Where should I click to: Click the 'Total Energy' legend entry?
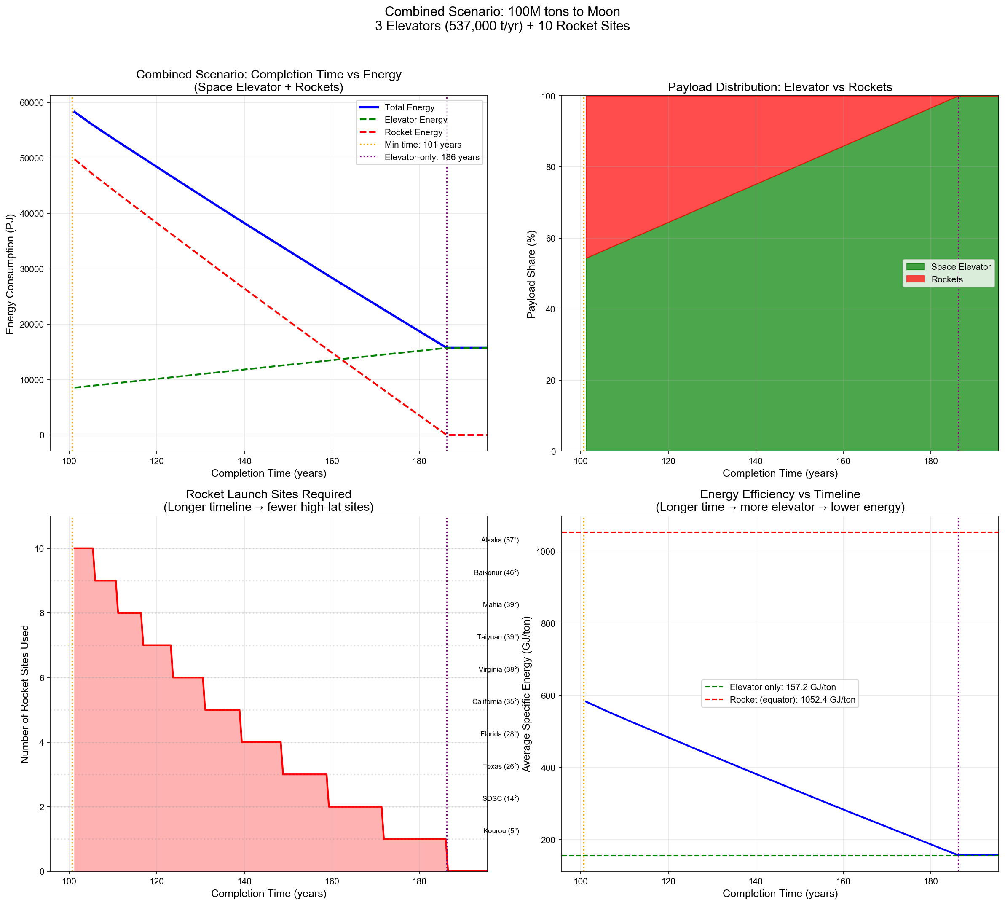[x=409, y=107]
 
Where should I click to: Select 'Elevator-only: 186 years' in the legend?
[x=431, y=158]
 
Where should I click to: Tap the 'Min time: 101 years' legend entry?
[x=423, y=145]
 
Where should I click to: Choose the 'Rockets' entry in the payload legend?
[x=947, y=279]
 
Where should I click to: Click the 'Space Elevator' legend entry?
[x=960, y=267]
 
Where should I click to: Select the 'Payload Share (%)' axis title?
[x=531, y=274]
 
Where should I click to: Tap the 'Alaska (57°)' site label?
[x=499, y=540]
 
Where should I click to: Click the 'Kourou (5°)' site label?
[x=501, y=831]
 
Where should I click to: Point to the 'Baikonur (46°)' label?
[x=496, y=573]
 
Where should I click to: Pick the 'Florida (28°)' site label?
[x=499, y=734]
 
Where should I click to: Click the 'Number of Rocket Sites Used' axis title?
[x=25, y=694]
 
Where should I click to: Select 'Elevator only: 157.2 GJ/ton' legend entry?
[x=783, y=687]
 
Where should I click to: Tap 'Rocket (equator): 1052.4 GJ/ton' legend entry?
[x=792, y=700]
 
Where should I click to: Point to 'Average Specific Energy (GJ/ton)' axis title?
[x=527, y=694]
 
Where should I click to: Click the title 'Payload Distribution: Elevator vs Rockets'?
[x=779, y=87]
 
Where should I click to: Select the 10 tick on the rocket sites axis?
[x=41, y=548]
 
